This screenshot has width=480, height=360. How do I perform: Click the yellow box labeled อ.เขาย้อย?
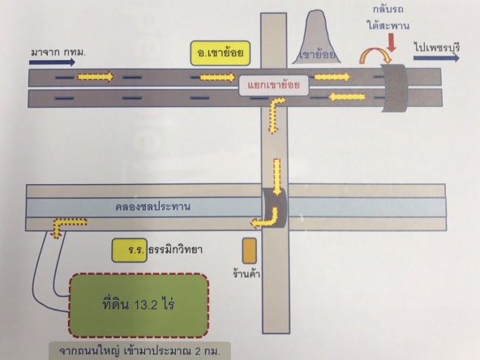pyautogui.click(x=220, y=54)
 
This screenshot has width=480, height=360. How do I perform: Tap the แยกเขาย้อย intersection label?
pyautogui.click(x=274, y=85)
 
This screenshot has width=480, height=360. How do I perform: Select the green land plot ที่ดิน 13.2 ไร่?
pyautogui.click(x=139, y=305)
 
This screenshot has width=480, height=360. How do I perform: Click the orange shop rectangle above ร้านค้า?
pyautogui.click(x=250, y=251)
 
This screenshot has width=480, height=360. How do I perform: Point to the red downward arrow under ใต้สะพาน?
pyautogui.click(x=392, y=42)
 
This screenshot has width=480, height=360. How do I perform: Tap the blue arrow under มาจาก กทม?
pyautogui.click(x=52, y=62)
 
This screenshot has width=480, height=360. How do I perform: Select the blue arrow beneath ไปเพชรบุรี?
pyautogui.click(x=436, y=58)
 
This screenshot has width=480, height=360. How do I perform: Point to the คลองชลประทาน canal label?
pyautogui.click(x=152, y=207)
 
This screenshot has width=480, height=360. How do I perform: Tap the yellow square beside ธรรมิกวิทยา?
pyautogui.click(x=129, y=251)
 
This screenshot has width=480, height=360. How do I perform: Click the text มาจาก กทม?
pyautogui.click(x=58, y=53)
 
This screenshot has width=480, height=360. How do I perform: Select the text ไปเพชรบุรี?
pyautogui.click(x=437, y=48)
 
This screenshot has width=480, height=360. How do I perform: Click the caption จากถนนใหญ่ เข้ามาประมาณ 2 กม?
pyautogui.click(x=139, y=351)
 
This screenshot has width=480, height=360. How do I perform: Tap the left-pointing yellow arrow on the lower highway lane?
pyautogui.click(x=347, y=97)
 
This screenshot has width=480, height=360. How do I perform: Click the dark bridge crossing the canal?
pyautogui.click(x=275, y=208)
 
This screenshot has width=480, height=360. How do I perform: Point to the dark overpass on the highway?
pyautogui.click(x=394, y=88)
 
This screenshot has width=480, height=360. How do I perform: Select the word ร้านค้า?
pyautogui.click(x=246, y=273)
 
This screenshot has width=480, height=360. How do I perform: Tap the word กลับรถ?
pyautogui.click(x=388, y=9)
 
